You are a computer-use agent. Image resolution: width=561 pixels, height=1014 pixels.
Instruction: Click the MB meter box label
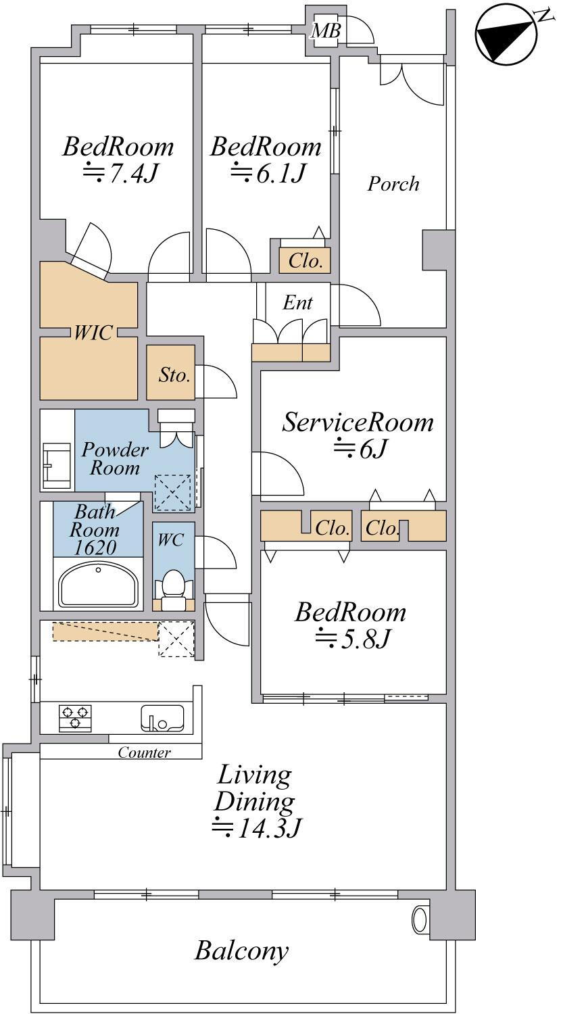pos(326,31)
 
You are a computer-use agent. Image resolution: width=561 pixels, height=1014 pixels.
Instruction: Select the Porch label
pos(393,184)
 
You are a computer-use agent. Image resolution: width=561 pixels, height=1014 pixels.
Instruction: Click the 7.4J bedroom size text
pos(120,172)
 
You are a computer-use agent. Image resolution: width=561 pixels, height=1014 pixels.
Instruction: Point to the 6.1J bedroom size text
pos(268,172)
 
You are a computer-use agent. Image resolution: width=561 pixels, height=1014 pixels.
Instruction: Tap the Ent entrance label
pos(297,302)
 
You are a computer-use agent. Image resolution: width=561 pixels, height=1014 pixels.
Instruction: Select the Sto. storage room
pos(171,372)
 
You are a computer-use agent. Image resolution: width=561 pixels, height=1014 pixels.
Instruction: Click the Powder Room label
pos(115,458)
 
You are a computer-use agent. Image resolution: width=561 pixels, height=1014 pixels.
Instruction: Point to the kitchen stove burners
pos(75,718)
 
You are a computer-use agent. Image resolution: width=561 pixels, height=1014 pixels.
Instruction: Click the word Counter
pos(144,752)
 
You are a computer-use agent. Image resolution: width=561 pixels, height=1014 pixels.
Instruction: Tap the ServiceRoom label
pos(358,422)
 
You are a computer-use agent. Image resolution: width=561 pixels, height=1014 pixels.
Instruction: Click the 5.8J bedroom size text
pos(352,639)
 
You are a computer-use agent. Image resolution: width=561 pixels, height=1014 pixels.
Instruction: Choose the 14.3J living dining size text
pos(257,828)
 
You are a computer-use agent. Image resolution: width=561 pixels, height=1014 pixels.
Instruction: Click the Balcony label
pos(241,950)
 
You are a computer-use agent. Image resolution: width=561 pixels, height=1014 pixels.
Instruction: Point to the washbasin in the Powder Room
pos(56,465)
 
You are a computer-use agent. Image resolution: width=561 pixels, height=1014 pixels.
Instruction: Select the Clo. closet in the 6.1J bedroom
pos(305,261)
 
